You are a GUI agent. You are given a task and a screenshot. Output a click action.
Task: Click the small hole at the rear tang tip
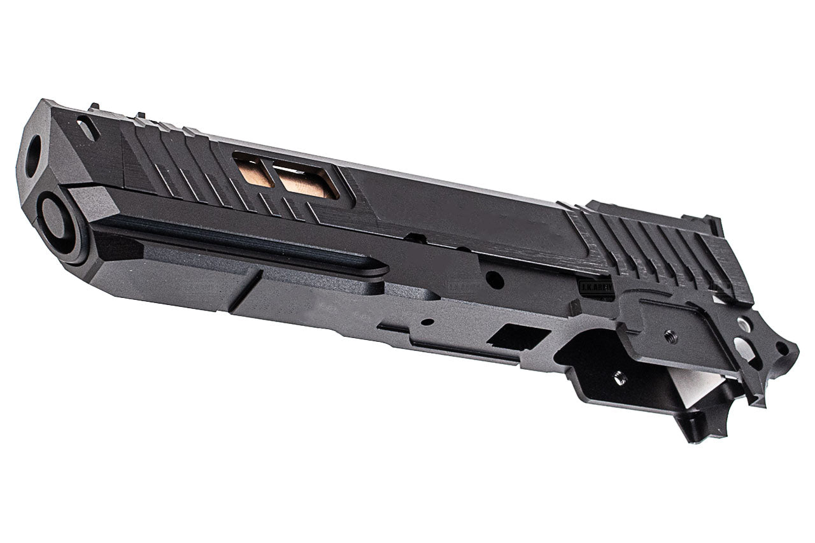coord(781,348)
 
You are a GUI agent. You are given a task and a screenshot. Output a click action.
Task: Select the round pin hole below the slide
coord(493,279)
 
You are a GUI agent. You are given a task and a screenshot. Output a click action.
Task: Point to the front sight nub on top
coord(95,106)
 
